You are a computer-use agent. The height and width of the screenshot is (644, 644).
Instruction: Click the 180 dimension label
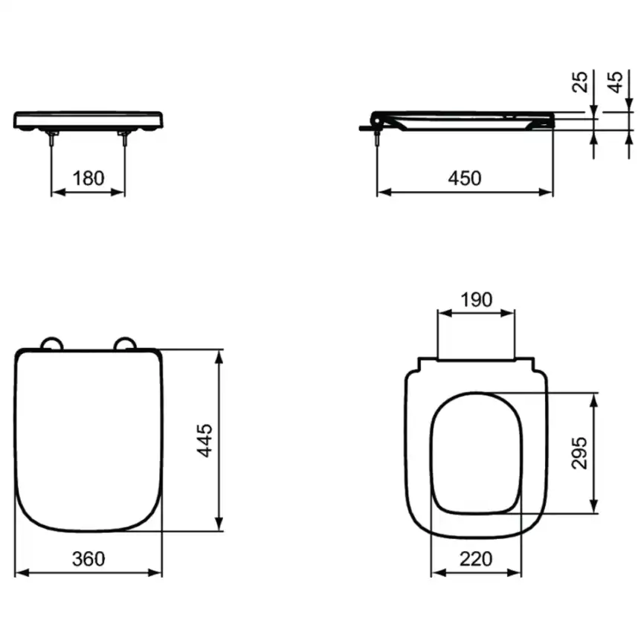tap(88, 178)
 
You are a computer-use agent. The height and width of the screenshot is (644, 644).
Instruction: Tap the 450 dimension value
tap(465, 178)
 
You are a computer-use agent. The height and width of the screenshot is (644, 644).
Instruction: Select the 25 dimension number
tap(580, 82)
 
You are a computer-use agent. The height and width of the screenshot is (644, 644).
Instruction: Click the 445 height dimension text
tap(205, 440)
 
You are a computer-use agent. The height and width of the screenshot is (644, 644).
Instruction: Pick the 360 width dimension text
tap(88, 558)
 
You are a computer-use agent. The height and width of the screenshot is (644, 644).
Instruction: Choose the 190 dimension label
tap(477, 300)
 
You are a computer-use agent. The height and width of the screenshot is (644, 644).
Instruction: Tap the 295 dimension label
tap(579, 453)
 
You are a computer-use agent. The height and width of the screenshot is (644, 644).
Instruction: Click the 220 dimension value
tap(476, 558)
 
